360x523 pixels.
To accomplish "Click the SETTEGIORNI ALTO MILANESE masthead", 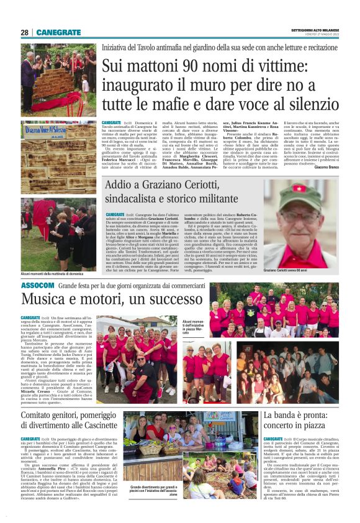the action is tap(315, 30).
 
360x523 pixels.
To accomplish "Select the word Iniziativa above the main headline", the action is tap(117, 47).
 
